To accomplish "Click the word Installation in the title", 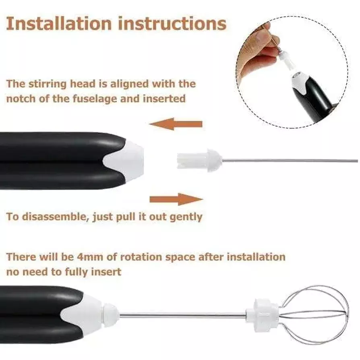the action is pos(59,23).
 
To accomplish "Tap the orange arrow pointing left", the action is pos(176,124).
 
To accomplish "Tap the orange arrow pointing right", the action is pos(176,199).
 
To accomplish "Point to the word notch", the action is pos(21,99).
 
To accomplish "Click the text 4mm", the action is pos(90,257).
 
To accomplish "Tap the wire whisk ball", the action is pos(315,315).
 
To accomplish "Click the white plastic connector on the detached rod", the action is pos(199,160).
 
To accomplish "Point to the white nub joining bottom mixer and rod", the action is pos(111,314).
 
